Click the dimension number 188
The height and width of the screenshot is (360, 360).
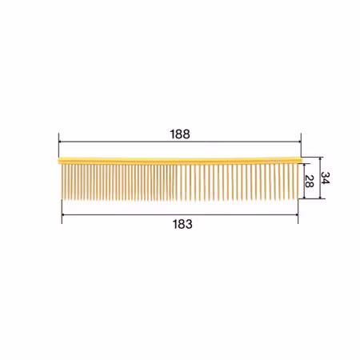coord(180,134)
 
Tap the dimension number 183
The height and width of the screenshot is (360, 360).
coord(182,224)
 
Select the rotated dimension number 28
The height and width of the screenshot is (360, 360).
coord(309,182)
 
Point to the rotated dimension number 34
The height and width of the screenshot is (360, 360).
coord(326,178)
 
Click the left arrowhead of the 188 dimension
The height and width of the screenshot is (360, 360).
coord(60,142)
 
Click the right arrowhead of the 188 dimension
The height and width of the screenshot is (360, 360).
coord(299,142)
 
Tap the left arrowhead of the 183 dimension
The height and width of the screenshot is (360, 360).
coord(64,214)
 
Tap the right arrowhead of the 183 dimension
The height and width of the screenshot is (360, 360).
coord(296,214)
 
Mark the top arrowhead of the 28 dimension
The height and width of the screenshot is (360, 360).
coord(304,166)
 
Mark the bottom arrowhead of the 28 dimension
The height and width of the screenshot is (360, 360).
coord(304,197)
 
